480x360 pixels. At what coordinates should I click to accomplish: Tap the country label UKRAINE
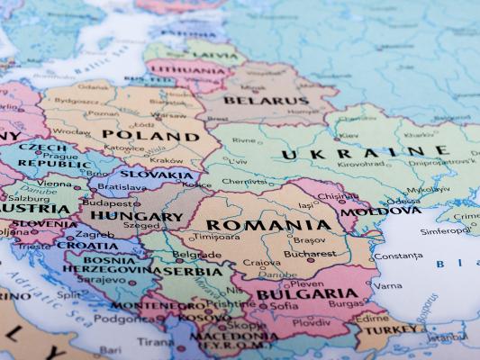coord(366,153)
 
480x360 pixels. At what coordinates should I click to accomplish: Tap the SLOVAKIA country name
coord(156,175)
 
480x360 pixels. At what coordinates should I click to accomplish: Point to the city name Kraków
coord(166,159)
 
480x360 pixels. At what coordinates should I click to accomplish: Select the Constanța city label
coord(397,256)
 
